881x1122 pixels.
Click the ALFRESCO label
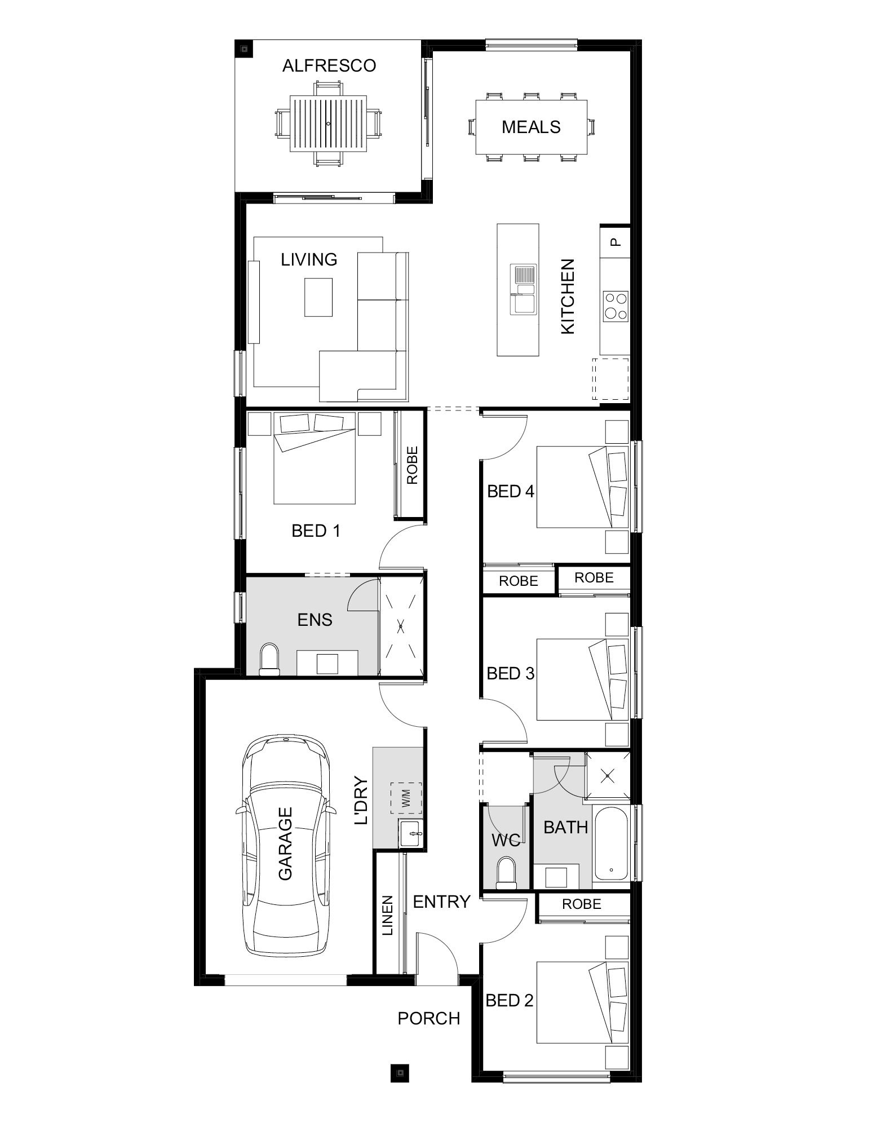click(x=329, y=66)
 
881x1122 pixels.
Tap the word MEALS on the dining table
click(x=531, y=127)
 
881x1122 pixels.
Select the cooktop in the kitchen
click(x=615, y=307)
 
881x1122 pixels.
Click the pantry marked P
click(x=616, y=241)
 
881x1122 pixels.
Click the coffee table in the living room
click(x=318, y=298)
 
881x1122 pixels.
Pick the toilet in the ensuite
click(x=269, y=660)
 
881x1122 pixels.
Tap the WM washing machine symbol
click(x=406, y=798)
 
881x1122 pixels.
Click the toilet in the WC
click(x=505, y=874)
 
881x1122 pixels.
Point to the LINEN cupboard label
click(x=388, y=916)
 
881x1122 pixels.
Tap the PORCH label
click(x=429, y=1018)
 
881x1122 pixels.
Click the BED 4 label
click(x=511, y=492)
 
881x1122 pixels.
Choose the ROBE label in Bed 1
click(x=412, y=465)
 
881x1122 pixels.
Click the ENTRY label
click(x=442, y=902)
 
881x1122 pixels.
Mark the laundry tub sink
click(x=411, y=833)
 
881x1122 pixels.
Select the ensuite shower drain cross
click(x=401, y=625)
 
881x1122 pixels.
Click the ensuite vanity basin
click(x=327, y=663)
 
